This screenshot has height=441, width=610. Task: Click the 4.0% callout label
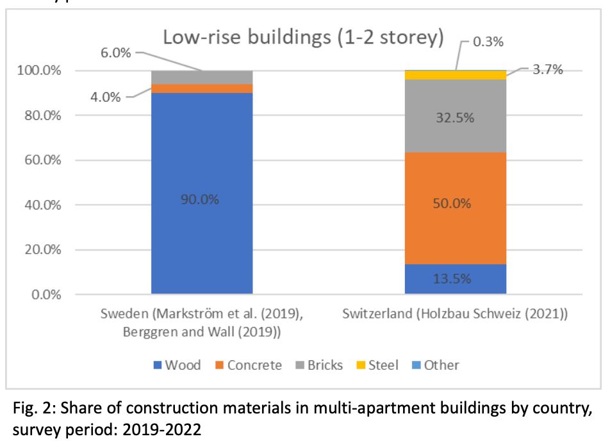tap(104, 97)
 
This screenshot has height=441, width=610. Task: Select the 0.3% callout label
tap(488, 42)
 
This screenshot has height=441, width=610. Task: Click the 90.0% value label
tap(201, 199)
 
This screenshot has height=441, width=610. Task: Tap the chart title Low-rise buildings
tap(303, 37)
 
